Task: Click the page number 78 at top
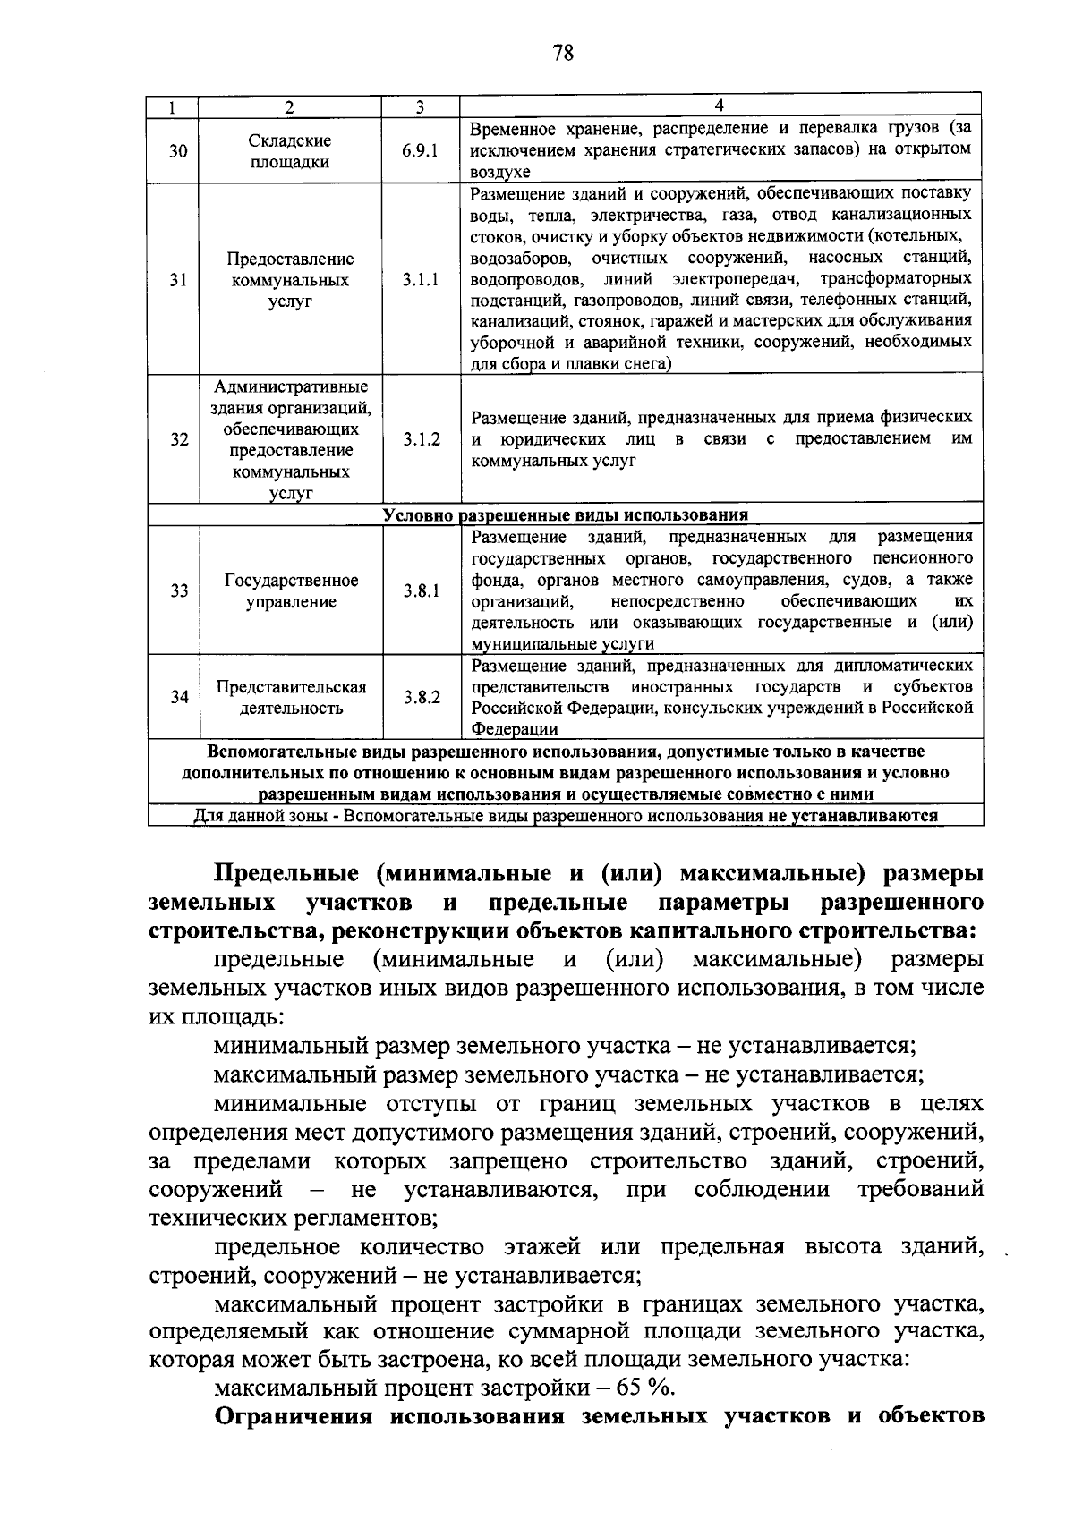click(563, 53)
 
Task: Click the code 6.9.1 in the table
click(421, 151)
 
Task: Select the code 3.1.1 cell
click(421, 280)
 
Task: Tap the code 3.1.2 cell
click(421, 439)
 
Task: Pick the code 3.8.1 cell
click(421, 590)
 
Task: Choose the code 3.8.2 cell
click(421, 697)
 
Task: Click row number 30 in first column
click(178, 151)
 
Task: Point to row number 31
click(178, 280)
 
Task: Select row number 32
click(178, 439)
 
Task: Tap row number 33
click(178, 590)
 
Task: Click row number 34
click(178, 697)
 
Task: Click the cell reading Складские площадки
click(291, 151)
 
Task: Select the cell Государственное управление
click(291, 590)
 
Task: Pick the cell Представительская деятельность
click(291, 697)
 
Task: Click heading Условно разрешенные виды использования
click(565, 515)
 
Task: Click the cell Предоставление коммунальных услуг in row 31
click(291, 280)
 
